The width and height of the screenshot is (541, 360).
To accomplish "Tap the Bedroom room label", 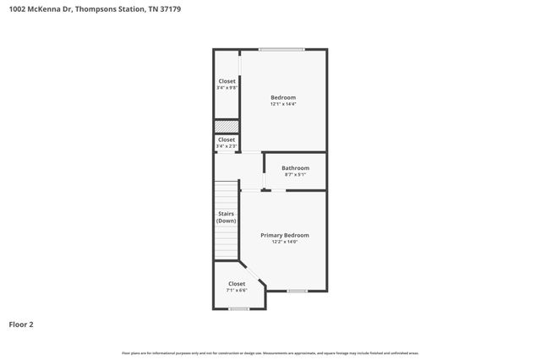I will coord(283,97).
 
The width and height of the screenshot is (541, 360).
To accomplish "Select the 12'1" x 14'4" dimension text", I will coord(283,104).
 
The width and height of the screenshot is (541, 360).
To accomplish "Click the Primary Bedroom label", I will coord(284,235).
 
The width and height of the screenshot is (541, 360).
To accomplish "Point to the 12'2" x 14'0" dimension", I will coord(284,242).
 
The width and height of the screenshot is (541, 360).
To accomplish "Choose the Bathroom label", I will coord(296,167).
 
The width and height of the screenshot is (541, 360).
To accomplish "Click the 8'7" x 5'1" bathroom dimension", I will coord(296,174).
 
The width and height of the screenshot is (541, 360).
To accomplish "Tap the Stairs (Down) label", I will coord(226,217).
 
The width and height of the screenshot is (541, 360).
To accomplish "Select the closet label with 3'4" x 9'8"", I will coord(227,81).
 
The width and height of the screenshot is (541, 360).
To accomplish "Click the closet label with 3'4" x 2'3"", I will coord(227,139).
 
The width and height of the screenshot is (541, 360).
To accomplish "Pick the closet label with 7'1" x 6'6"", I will coord(237,284).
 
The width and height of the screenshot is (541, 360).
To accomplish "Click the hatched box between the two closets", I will coord(227,126).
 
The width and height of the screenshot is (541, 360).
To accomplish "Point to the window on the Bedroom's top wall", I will coord(281,49).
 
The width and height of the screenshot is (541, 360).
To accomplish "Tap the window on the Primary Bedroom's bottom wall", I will coord(297,291).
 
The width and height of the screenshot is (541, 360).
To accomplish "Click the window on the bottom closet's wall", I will coord(239,308).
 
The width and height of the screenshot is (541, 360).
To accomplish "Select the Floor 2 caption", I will coord(21,324).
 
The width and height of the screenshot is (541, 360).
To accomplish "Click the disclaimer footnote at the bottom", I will coord(270,352).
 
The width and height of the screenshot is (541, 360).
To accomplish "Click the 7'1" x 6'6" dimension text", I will coord(237,290).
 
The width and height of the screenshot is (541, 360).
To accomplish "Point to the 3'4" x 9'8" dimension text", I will coord(227,87).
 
